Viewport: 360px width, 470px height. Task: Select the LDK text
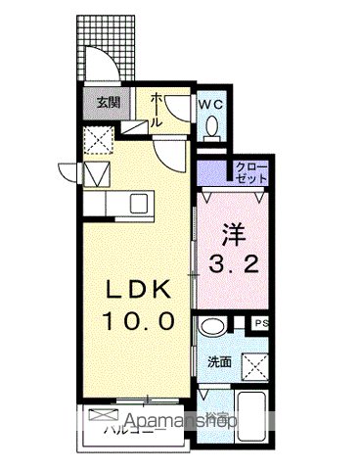139,290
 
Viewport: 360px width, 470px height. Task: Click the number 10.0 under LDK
139,320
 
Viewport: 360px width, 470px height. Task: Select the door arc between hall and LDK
172,151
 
